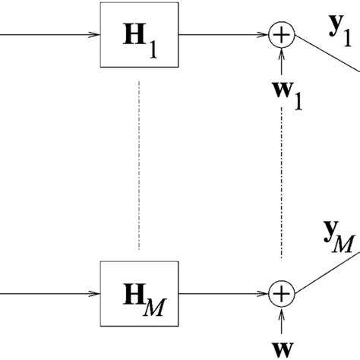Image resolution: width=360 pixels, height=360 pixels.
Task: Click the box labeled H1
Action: click(x=140, y=33)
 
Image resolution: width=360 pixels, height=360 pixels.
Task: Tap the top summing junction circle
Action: click(x=282, y=33)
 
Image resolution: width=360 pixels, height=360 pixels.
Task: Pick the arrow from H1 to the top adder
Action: click(x=225, y=33)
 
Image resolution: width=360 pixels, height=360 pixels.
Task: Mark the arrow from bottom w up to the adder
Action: click(x=282, y=314)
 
